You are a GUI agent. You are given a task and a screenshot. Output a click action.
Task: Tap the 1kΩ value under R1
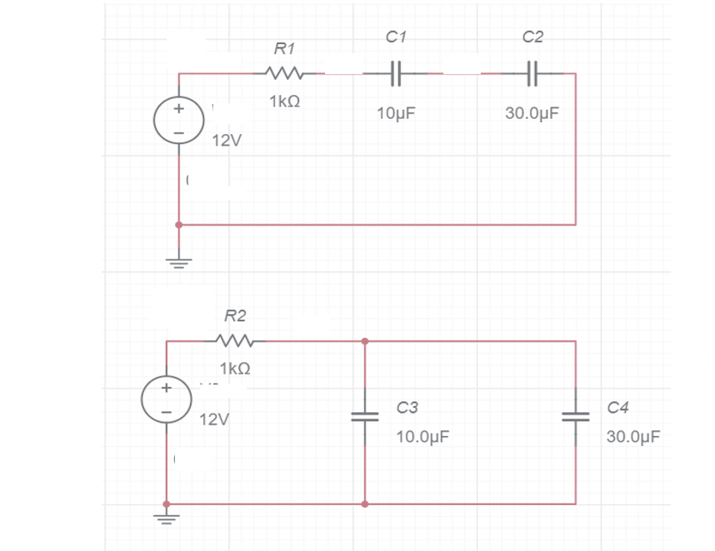tap(284, 102)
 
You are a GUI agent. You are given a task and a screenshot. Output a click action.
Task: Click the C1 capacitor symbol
tap(397, 73)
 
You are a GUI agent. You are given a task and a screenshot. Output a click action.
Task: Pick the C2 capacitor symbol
tap(533, 73)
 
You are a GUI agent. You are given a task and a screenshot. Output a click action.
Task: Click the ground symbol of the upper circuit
tap(178, 262)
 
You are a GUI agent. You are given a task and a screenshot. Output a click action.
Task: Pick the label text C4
tap(619, 407)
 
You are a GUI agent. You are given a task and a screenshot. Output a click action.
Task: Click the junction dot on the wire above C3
tap(365, 340)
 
